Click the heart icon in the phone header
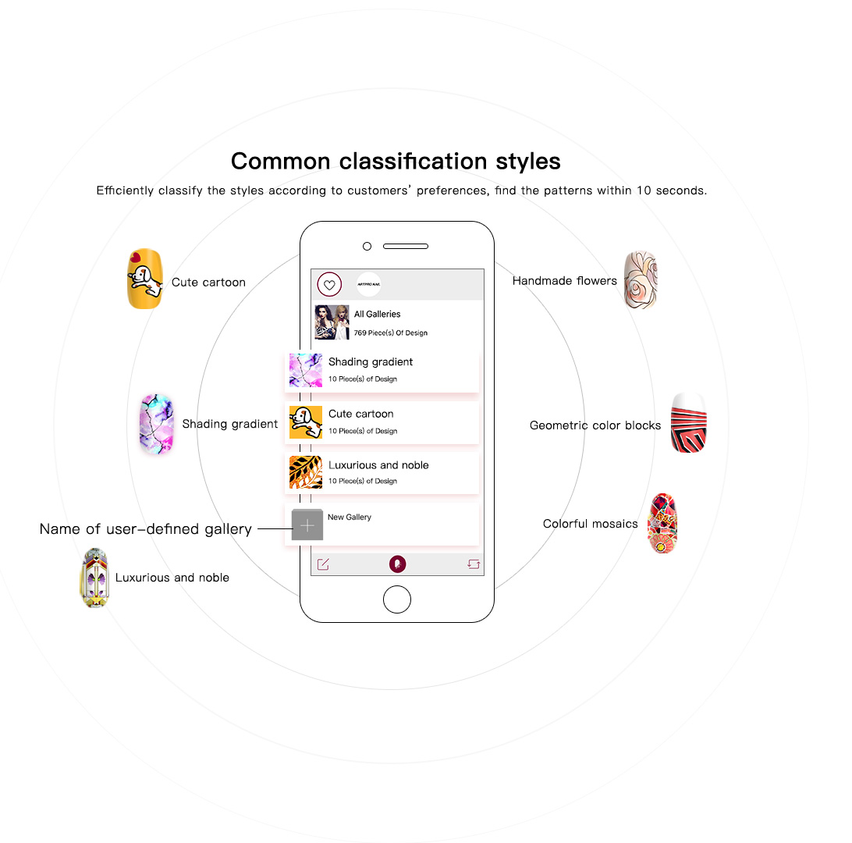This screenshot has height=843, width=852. coord(329,285)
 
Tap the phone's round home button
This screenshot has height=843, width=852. coord(397,599)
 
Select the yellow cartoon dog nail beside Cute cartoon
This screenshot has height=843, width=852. coord(145,279)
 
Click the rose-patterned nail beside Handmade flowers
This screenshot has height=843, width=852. coord(641,280)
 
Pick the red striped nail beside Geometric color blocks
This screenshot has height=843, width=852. coord(689,423)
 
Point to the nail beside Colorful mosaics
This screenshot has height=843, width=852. coord(662,524)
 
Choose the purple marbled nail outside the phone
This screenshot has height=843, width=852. coord(157,424)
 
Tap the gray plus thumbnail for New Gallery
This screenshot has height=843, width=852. coord(307,525)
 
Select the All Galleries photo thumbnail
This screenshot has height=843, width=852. coord(332,322)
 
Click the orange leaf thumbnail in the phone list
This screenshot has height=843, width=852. coord(306,472)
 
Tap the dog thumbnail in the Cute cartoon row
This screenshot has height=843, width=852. coord(306,422)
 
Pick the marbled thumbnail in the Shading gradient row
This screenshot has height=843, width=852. coord(306,370)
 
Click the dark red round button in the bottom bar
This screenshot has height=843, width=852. coord(397,564)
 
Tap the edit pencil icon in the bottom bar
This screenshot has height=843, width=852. coord(323,564)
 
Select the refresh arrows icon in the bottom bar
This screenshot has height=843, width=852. coord(474,564)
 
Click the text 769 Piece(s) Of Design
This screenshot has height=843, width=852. coord(391,333)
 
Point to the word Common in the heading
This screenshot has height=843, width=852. coord(281,162)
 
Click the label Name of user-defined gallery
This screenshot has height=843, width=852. coord(146,529)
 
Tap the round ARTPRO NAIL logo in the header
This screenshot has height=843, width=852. coord(368,285)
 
